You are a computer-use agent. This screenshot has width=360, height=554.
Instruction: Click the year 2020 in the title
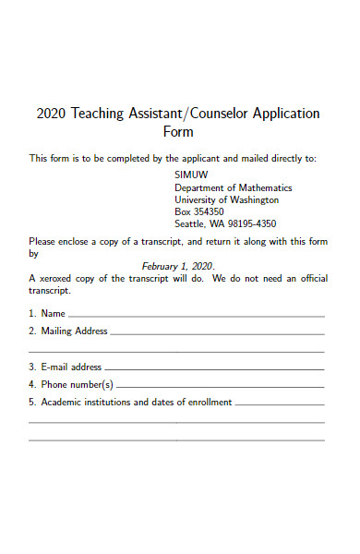(50, 114)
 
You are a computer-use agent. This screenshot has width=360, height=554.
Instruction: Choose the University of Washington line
(226, 199)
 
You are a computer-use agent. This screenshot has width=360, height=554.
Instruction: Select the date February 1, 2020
(177, 265)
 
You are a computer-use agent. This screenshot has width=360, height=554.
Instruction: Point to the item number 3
(32, 367)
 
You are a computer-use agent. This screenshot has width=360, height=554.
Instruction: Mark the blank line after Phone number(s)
(221, 387)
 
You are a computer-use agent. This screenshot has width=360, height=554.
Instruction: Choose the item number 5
(32, 403)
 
